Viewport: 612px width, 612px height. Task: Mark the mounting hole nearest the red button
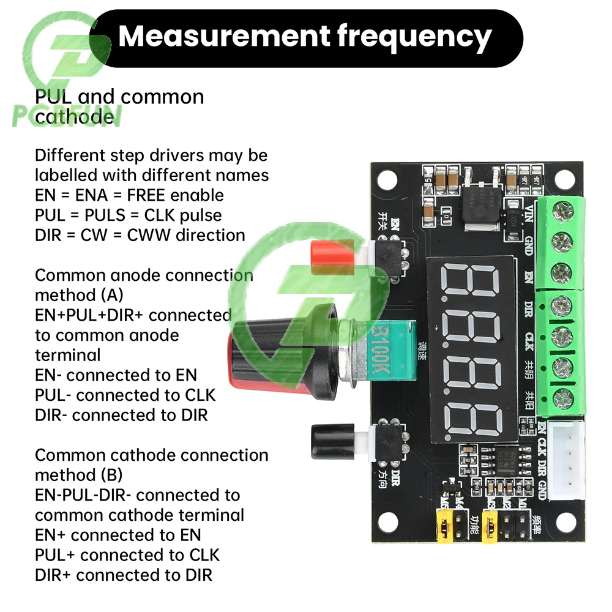387,179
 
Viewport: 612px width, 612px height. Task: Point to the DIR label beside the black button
395,474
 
